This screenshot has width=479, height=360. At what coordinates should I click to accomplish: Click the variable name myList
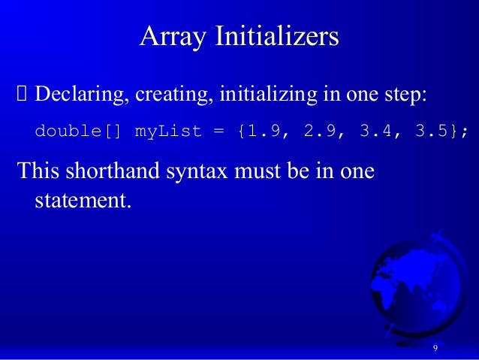point(168,132)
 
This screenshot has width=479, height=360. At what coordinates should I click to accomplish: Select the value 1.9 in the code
point(264,132)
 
